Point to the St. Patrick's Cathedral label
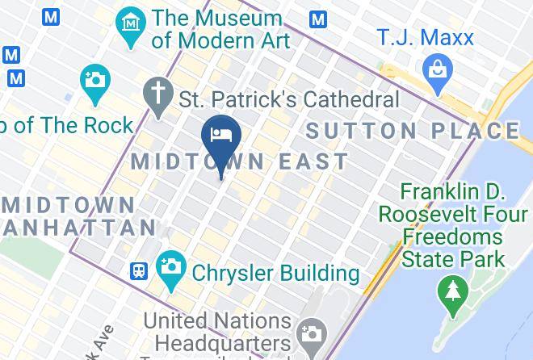tap(289, 100)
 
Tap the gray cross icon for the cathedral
tap(157, 94)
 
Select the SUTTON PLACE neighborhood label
tap(413, 131)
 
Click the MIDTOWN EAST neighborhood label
tap(240, 161)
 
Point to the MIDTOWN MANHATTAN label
tap(73, 213)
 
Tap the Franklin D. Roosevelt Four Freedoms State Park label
tap(453, 225)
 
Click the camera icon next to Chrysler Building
tap(170, 268)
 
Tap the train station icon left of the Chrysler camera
tap(139, 270)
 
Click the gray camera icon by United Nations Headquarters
tap(311, 333)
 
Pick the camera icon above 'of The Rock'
tap(95, 82)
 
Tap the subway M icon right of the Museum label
tap(319, 19)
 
